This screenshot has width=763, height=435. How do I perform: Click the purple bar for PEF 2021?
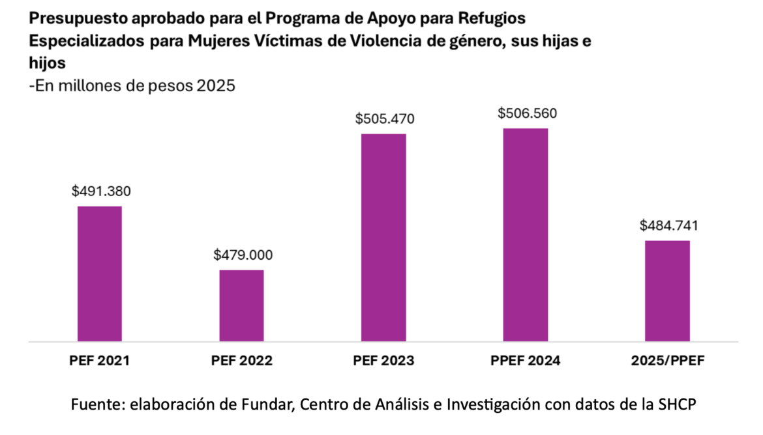[x=100, y=274]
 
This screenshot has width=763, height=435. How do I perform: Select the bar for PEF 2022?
[x=241, y=305]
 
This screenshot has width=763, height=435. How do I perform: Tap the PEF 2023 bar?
[x=383, y=237]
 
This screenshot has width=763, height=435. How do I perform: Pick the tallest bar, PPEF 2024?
[x=526, y=234]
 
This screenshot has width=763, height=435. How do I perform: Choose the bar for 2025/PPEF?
[x=668, y=290]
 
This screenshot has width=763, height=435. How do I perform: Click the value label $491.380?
[x=101, y=191]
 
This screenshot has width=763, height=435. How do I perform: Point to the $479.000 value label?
[x=243, y=255]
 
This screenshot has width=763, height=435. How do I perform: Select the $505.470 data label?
[x=385, y=119]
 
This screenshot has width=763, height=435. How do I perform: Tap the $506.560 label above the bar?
[x=527, y=113]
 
